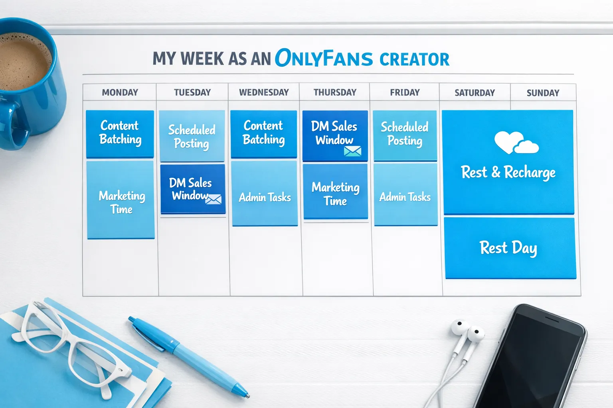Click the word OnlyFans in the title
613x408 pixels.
(324, 58)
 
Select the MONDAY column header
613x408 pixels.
(120, 92)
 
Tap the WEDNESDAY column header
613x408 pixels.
(264, 92)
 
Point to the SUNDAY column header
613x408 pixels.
(543, 93)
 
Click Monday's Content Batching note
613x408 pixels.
(120, 133)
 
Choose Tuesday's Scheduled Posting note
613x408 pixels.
(192, 136)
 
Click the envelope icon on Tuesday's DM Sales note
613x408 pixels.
(214, 199)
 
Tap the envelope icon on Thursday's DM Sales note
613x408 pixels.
(352, 151)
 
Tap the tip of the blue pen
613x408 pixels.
(247, 394)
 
